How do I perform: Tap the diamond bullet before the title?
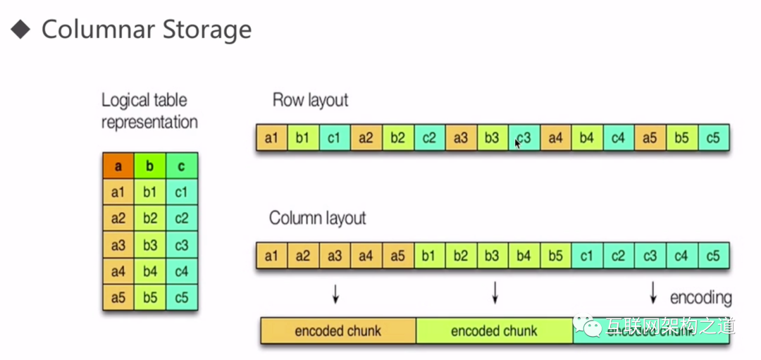click(21, 29)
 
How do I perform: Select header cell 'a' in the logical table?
click(118, 166)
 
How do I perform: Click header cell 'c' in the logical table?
click(182, 166)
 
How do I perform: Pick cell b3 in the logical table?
click(150, 244)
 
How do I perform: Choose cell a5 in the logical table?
click(118, 297)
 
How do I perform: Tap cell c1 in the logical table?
click(182, 192)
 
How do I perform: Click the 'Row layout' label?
click(310, 100)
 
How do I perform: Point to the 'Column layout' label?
click(317, 218)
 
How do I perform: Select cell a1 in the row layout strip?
click(271, 138)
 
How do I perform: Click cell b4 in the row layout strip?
click(586, 138)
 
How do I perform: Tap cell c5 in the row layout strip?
click(712, 138)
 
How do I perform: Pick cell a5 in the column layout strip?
click(397, 256)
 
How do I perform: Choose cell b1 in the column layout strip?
click(428, 256)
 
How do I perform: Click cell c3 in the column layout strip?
click(650, 256)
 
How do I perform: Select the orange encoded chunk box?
click(338, 330)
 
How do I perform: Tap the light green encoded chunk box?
click(494, 330)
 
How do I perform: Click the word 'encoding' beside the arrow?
click(700, 297)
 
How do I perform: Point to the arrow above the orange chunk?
click(336, 293)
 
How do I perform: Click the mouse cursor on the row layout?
click(518, 143)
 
